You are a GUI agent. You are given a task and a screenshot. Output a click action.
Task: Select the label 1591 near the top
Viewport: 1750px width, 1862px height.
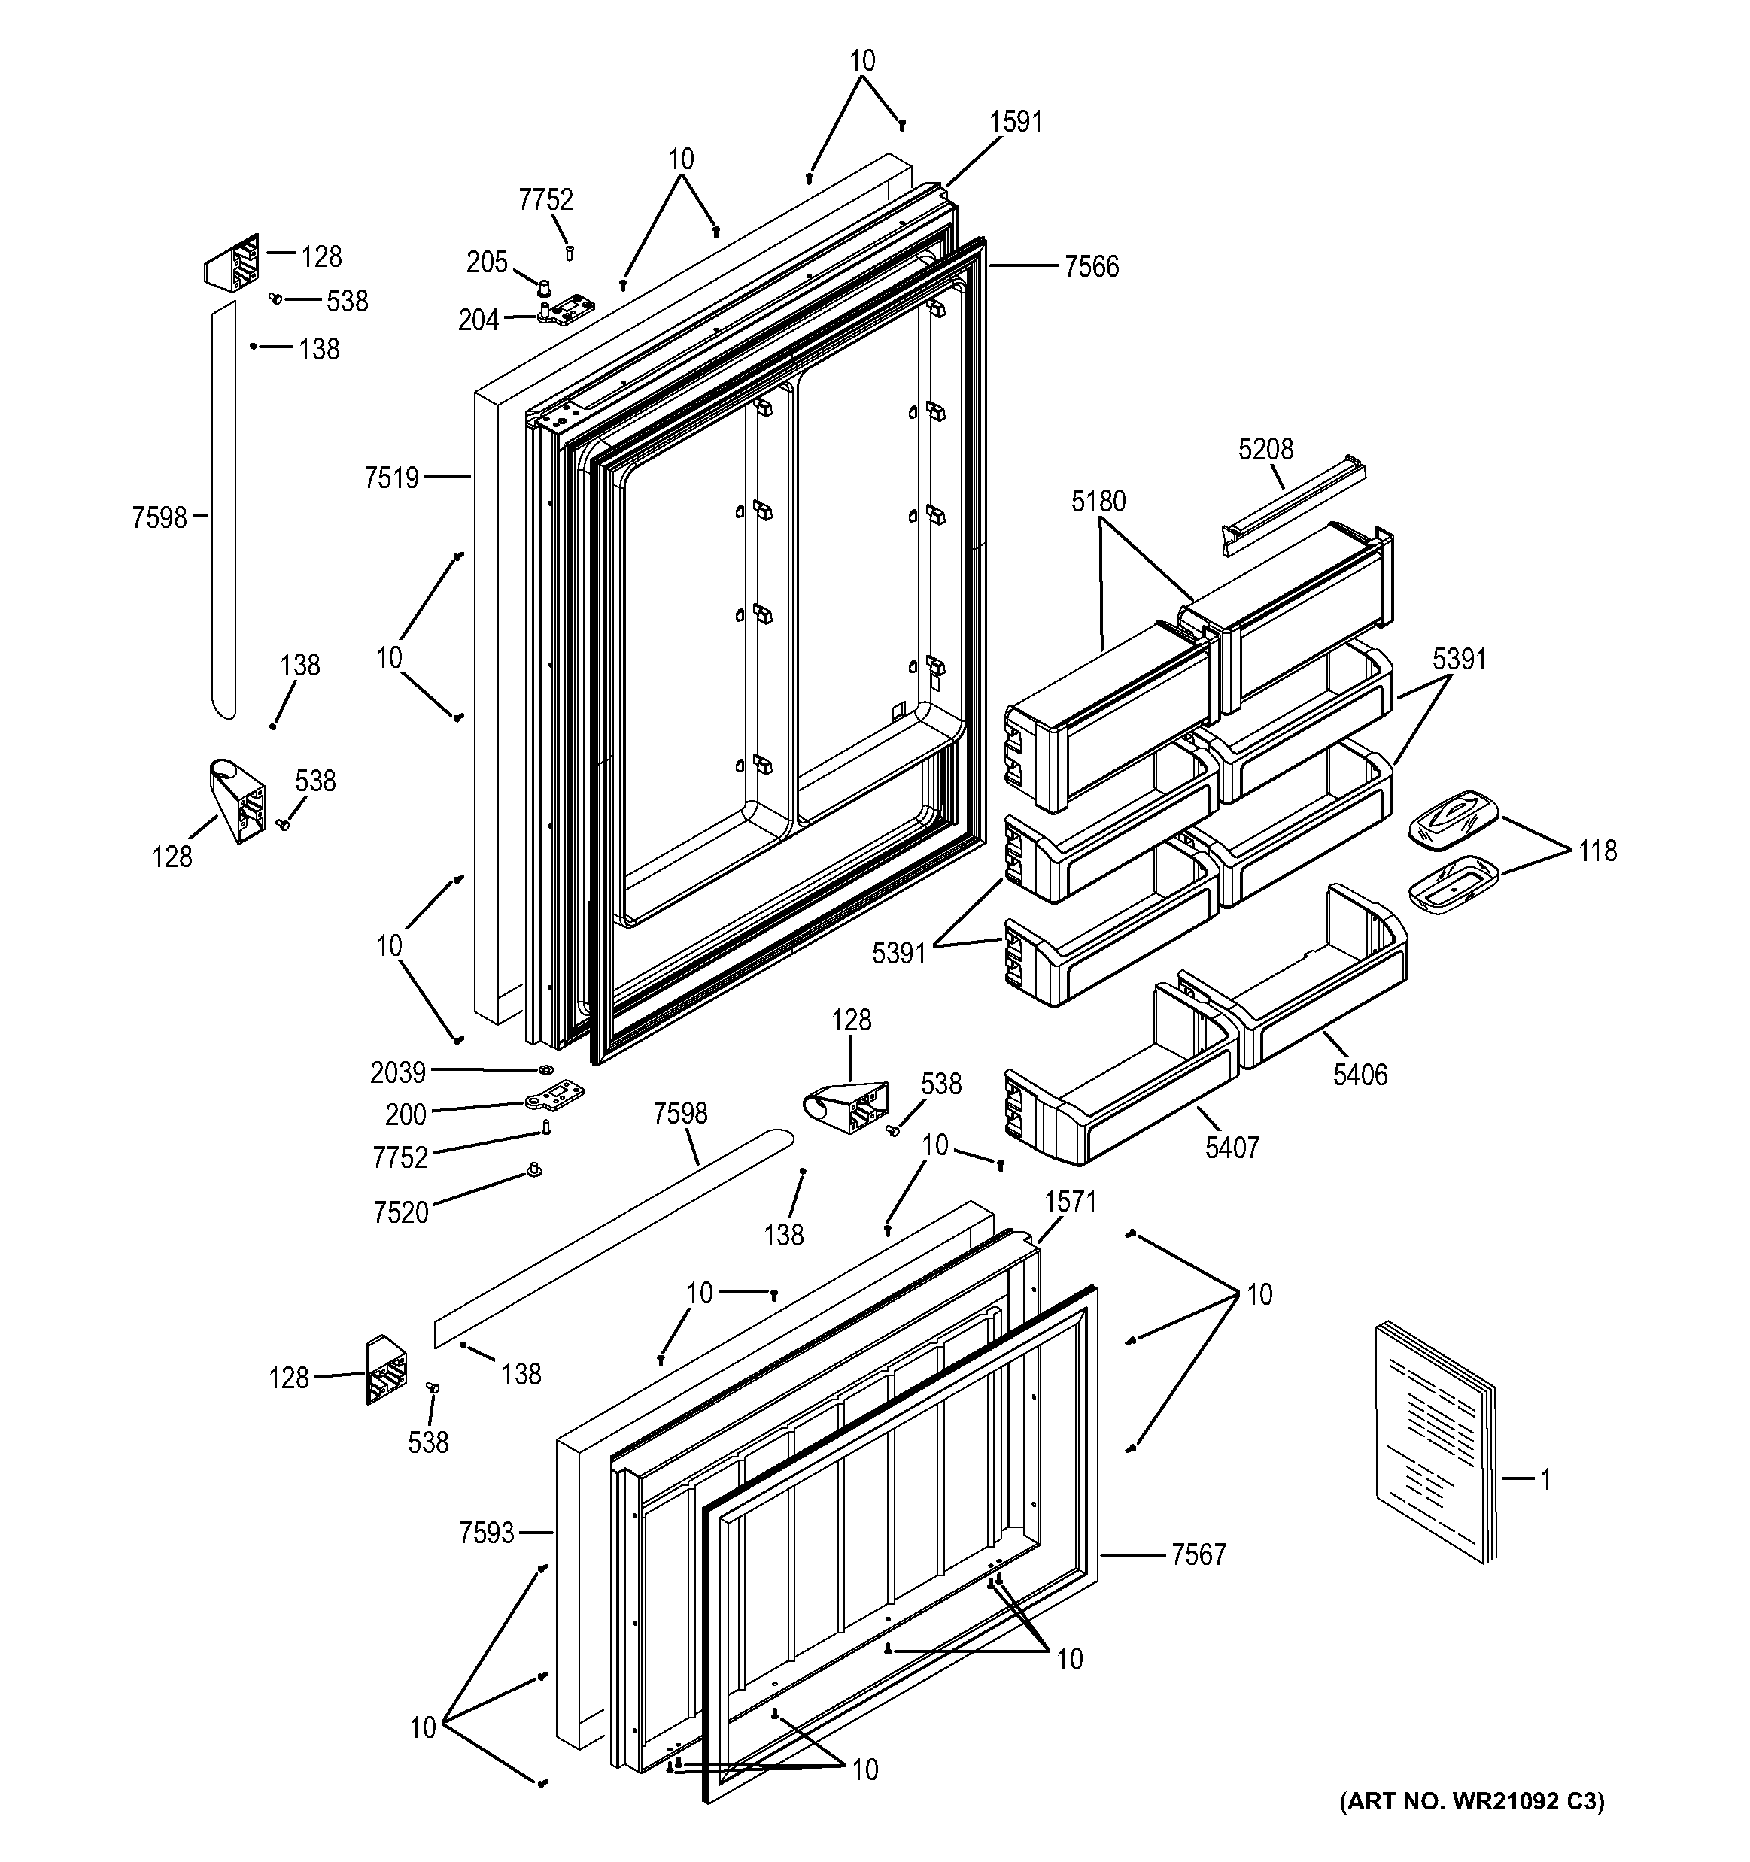pyautogui.click(x=1016, y=122)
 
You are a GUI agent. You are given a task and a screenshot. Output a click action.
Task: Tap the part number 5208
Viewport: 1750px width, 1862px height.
pyautogui.click(x=1265, y=450)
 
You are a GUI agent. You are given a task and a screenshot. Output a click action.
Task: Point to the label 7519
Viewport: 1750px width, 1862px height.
pyautogui.click(x=391, y=478)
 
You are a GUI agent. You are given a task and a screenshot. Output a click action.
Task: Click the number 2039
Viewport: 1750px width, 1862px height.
pyautogui.click(x=397, y=1072)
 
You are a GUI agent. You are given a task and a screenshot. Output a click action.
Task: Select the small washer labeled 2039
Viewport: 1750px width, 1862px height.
pyautogui.click(x=545, y=1069)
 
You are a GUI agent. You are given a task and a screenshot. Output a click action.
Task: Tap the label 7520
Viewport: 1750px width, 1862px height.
pyautogui.click(x=400, y=1213)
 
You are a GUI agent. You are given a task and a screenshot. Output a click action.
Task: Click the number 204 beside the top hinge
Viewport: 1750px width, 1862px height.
pyautogui.click(x=478, y=320)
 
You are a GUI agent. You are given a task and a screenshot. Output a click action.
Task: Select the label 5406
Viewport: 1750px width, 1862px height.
pyautogui.click(x=1360, y=1075)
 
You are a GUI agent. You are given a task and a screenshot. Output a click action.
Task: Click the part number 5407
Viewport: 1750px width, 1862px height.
pyautogui.click(x=1231, y=1148)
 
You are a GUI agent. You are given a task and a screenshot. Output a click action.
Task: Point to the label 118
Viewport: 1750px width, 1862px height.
pyautogui.click(x=1597, y=851)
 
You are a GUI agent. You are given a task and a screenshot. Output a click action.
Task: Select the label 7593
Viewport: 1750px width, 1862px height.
pyautogui.click(x=486, y=1533)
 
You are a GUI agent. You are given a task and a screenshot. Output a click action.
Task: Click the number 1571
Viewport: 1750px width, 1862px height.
pyautogui.click(x=1070, y=1201)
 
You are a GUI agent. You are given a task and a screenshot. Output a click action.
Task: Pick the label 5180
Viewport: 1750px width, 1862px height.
pyautogui.click(x=1098, y=502)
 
